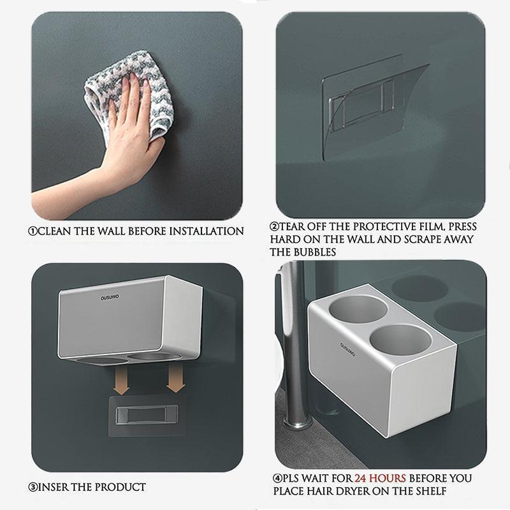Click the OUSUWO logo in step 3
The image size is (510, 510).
pos(110,297)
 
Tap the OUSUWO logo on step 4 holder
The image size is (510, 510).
pos(347,349)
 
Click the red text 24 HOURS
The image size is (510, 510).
pos(380,478)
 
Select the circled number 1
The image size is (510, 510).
pos(33,231)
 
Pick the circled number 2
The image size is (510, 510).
pos(275,226)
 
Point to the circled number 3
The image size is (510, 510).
pos(33,487)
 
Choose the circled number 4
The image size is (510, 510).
pos(277,479)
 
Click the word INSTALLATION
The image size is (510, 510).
pos(207,231)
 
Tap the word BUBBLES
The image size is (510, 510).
pos(315,252)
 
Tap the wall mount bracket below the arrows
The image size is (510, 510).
pos(147,415)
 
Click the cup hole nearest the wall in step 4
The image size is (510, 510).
pos(358,309)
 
